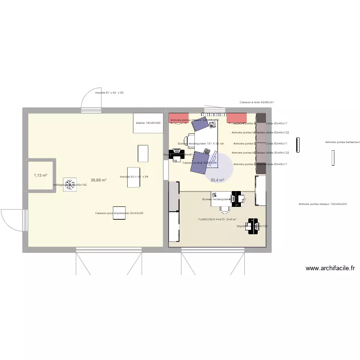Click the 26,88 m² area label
98,180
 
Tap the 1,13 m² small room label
40,176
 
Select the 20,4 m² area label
217,180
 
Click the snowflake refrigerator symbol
70,184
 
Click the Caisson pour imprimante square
119,213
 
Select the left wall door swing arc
11,221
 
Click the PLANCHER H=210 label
217,219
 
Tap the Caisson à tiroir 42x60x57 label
256,102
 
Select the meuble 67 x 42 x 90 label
109,92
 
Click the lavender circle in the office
218,168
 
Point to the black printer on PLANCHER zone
250,226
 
